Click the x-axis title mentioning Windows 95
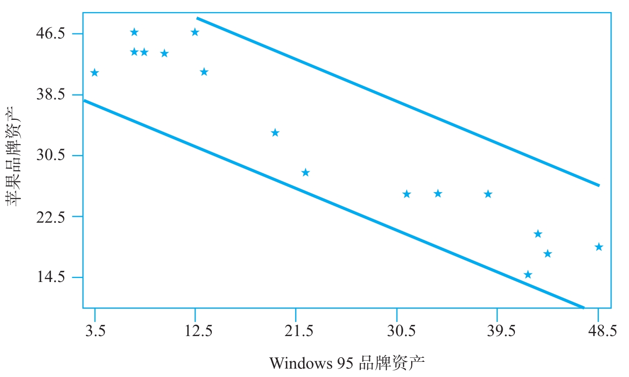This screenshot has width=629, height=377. pos(347,363)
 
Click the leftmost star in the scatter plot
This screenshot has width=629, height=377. pos(94,73)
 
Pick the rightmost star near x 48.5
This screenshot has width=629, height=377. pos(599,247)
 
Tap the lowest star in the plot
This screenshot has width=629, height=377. pos(528,275)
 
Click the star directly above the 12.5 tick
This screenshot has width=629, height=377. pos(195,32)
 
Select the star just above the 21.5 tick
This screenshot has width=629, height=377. pos(305,173)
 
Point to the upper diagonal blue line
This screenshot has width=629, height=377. pos(398,102)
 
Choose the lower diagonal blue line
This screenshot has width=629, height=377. pos(333,204)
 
